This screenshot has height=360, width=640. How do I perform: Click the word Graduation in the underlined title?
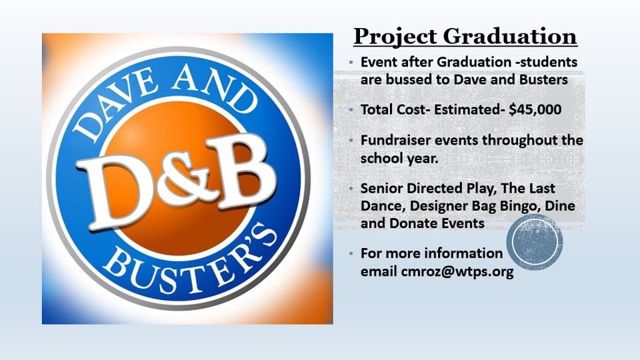click(x=510, y=36)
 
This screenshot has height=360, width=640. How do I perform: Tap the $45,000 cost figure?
click(x=535, y=110)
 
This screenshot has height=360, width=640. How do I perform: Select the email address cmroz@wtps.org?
click(x=457, y=271)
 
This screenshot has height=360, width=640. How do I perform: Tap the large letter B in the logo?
click(x=241, y=170)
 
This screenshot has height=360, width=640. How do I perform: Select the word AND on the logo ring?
click(x=214, y=89)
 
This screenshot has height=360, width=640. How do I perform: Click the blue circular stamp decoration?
click(x=535, y=242)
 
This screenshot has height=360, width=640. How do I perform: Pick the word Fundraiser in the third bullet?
click(x=395, y=141)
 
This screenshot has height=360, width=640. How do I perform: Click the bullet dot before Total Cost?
click(x=351, y=110)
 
